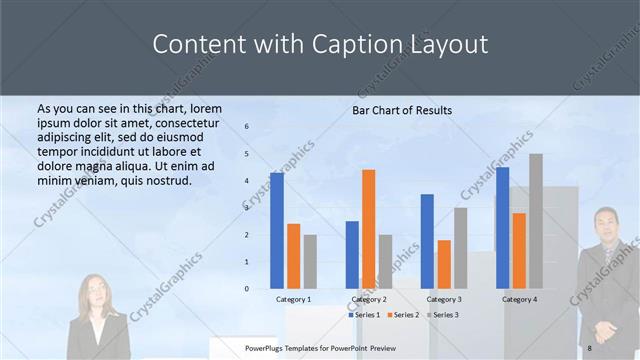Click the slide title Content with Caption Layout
tap(320, 45)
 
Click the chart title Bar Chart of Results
tap(402, 110)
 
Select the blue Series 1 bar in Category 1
tap(277, 231)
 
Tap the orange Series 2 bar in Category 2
tap(369, 229)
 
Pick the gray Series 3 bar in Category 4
tap(536, 221)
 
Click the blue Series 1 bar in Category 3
tap(428, 241)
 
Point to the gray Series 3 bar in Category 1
tap(310, 262)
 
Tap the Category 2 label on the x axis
tap(369, 299)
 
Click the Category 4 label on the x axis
tap(519, 299)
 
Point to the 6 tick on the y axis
tap(247, 127)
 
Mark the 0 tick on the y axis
tap(247, 288)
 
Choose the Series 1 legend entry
tap(364, 315)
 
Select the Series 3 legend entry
tap(442, 315)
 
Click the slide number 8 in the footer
tap(590, 347)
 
